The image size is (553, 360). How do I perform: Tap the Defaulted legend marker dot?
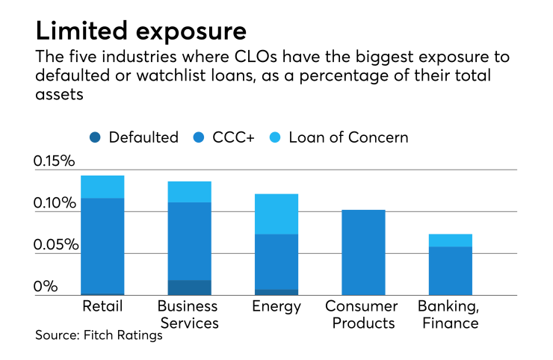95,137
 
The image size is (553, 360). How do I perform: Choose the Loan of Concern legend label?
348,137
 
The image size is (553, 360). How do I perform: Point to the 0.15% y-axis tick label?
55,161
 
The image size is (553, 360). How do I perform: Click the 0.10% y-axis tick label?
55,203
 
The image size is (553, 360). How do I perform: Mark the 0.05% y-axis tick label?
55,245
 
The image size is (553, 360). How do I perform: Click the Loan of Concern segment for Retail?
102,187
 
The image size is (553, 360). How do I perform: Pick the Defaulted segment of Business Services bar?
189,288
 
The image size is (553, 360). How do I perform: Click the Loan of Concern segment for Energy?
276,214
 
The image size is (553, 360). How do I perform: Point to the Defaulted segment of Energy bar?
276,292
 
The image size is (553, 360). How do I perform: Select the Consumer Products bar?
363,252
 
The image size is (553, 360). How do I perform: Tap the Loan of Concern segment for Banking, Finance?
451,240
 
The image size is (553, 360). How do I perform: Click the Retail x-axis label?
102,306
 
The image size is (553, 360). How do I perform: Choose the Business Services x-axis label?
188,314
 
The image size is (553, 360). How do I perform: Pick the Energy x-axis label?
276,306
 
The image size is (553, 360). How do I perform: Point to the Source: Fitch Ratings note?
99,335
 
